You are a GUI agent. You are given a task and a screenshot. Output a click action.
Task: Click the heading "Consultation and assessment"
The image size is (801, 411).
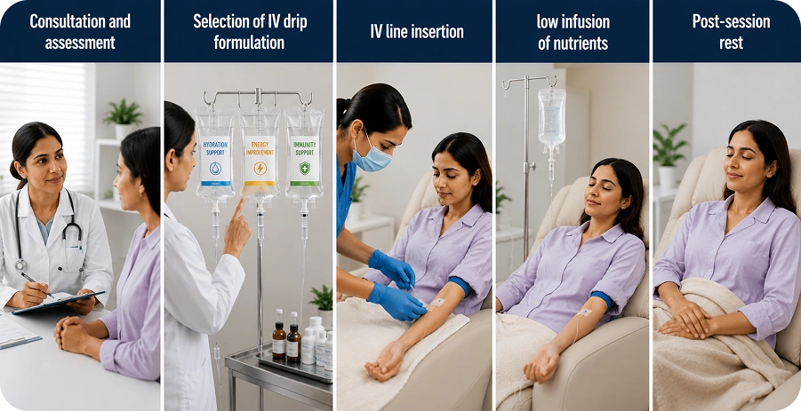(80, 32)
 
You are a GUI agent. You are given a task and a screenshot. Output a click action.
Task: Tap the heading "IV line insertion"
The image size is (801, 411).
(417, 32)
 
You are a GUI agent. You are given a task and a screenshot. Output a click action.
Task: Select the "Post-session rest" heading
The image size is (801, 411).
(731, 32)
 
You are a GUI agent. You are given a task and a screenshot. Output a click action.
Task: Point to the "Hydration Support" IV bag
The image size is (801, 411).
(215, 153)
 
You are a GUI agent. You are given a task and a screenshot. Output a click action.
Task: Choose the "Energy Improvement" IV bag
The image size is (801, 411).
(260, 153)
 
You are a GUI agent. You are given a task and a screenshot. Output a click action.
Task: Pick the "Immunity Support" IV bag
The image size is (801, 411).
(304, 153)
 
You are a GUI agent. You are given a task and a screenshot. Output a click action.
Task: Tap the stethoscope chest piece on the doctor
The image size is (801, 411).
(20, 265)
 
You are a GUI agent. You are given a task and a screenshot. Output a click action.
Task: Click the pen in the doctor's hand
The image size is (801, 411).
(36, 286)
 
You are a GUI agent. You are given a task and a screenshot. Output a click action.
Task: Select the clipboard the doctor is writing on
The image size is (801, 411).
(59, 302)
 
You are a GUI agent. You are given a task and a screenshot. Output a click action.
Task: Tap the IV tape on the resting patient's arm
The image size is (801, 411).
(584, 312)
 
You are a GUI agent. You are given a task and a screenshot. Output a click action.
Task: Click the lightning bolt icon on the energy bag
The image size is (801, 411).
(260, 169)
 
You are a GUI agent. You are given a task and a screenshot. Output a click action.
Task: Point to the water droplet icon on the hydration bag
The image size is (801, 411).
(215, 169)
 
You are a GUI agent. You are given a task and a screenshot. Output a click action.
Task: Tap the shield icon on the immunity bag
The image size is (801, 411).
(305, 169)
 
